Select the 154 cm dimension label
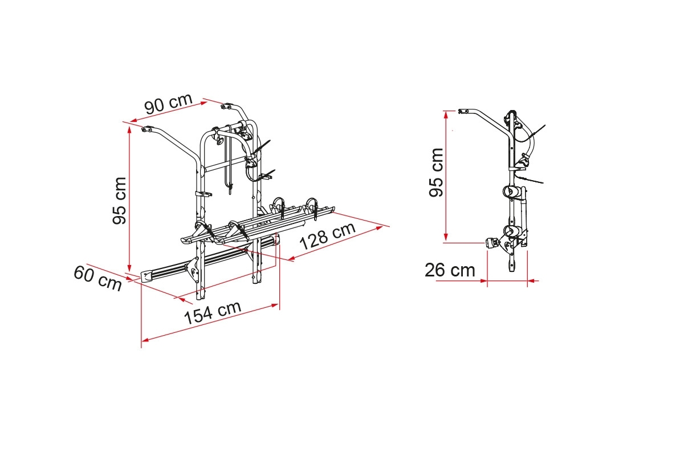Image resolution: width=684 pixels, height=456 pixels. pyautogui.click(x=213, y=312)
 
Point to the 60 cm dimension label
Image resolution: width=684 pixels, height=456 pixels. pyautogui.click(x=97, y=278)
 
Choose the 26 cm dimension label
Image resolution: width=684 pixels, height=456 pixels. pyautogui.click(x=450, y=270)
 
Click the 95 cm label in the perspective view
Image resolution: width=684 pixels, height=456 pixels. pyautogui.click(x=119, y=201)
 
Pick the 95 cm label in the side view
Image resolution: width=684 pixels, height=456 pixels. pyautogui.click(x=436, y=173)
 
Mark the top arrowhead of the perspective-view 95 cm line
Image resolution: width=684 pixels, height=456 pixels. pyautogui.click(x=129, y=131)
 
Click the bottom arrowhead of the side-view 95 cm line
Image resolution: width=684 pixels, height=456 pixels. pyautogui.click(x=446, y=237)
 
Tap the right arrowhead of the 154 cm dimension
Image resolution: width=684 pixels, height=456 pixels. pyautogui.click(x=275, y=305)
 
